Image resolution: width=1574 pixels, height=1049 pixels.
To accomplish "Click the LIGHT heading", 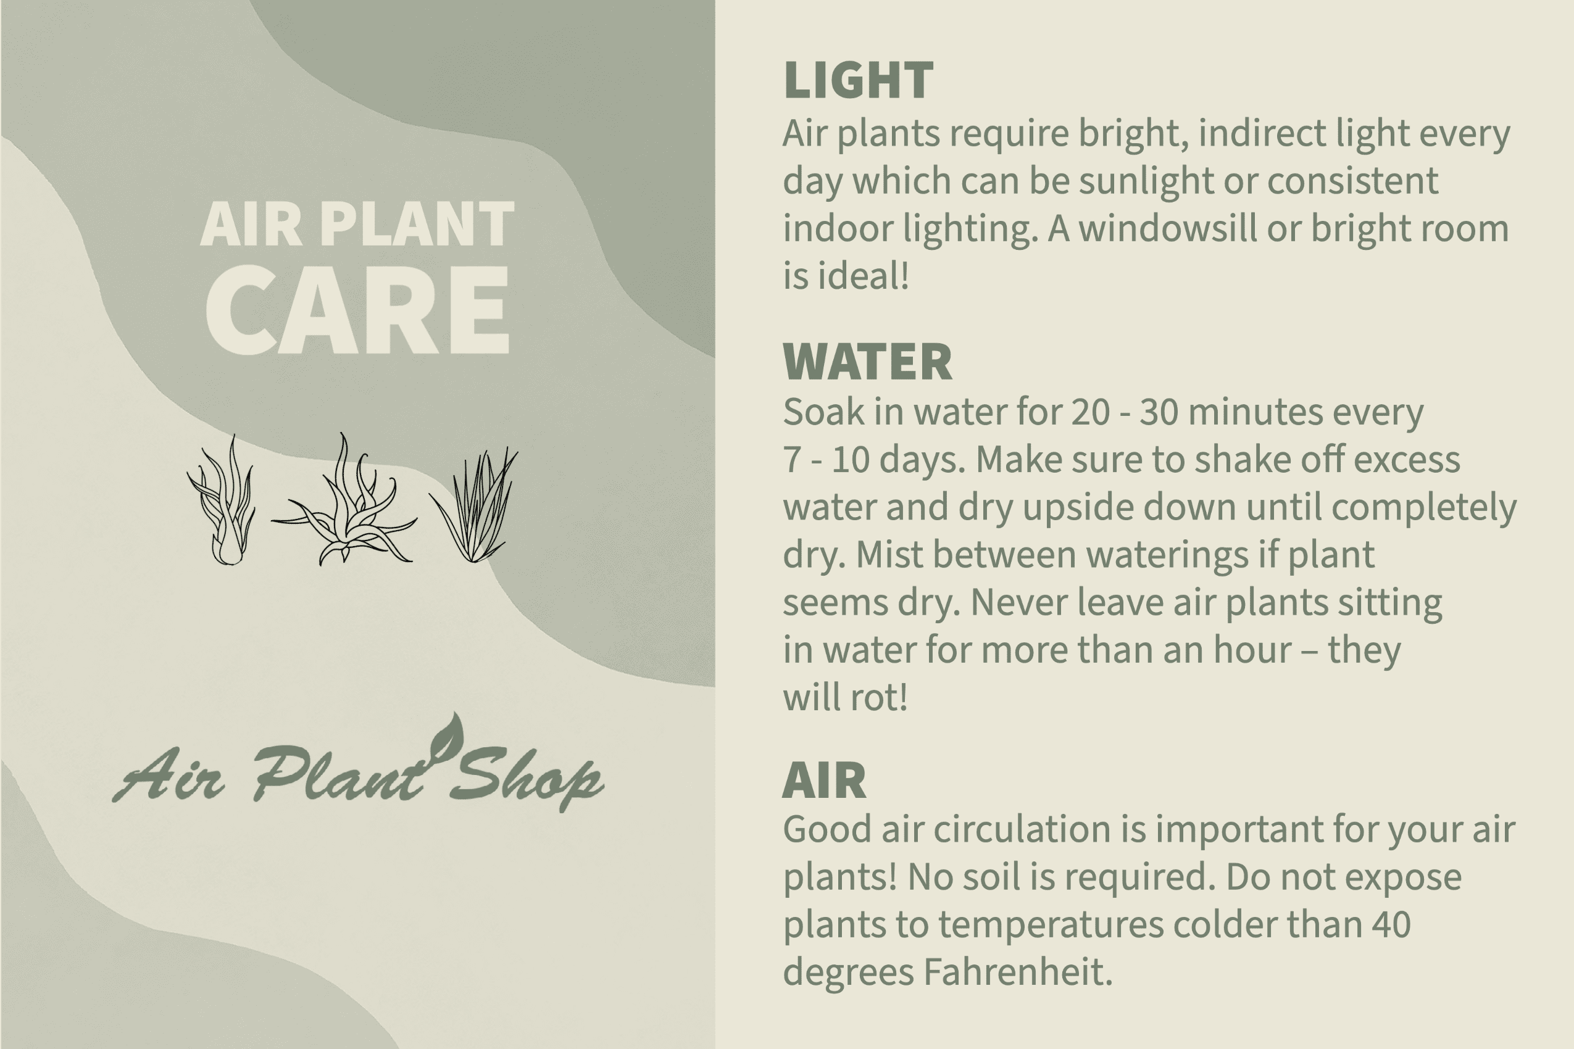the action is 858,80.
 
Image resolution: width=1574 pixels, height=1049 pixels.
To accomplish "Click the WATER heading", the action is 867,362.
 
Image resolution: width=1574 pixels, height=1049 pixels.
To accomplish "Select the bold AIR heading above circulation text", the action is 825,780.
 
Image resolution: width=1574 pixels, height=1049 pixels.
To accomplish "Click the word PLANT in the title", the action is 417,224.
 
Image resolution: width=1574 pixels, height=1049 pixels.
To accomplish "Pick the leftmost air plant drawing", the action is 222,500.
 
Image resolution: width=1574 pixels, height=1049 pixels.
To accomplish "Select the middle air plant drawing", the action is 344,499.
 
